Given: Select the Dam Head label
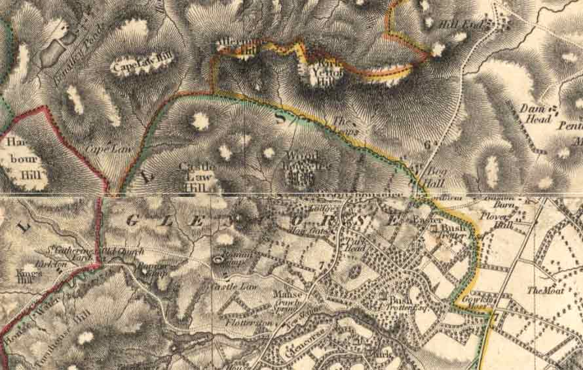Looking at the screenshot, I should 534,112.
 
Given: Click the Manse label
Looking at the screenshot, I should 288,295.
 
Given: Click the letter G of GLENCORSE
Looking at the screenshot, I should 130,220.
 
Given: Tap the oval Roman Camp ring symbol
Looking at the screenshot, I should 218,260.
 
